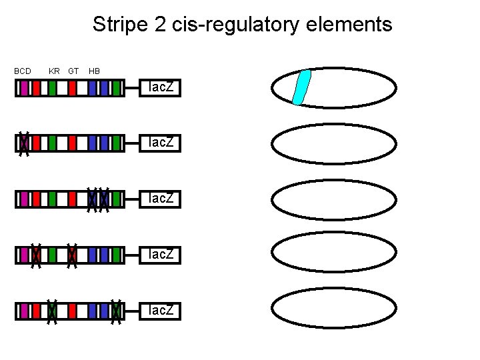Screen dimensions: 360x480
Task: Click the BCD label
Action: tap(23, 71)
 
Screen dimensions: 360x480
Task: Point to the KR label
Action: tap(54, 71)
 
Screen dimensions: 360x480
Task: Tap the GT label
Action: tap(73, 71)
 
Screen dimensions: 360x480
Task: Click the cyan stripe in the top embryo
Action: tap(302, 87)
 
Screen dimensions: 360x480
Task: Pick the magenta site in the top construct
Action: tap(24, 88)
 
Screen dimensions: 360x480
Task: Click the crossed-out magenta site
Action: tap(24, 143)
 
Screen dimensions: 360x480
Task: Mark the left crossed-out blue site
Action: tap(93, 199)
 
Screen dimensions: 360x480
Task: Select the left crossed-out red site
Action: tap(37, 255)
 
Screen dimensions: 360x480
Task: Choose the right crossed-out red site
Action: tap(73, 255)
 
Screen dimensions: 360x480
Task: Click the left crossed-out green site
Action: tap(52, 311)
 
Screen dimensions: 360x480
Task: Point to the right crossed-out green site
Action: tap(116, 311)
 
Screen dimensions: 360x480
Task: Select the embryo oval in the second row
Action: tap(334, 143)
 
